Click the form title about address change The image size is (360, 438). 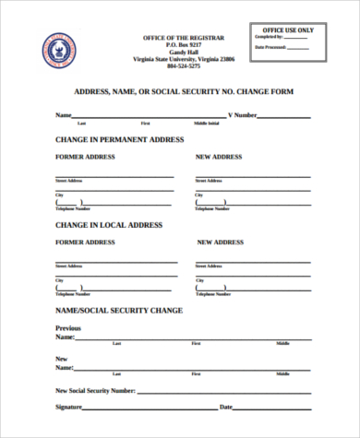coord(183,93)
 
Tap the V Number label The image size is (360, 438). coord(242,115)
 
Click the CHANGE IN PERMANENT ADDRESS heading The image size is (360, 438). coord(120,139)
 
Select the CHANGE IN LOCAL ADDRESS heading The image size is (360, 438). coord(109,224)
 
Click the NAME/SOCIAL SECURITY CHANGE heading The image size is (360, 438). coord(119,310)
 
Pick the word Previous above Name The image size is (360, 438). coord(68,328)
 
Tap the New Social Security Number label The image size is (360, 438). coord(95,391)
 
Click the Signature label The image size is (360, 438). coord(69,407)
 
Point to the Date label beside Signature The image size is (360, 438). coord(225,407)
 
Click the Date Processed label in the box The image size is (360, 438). coord(272,46)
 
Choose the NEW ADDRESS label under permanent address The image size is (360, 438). coord(218,157)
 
